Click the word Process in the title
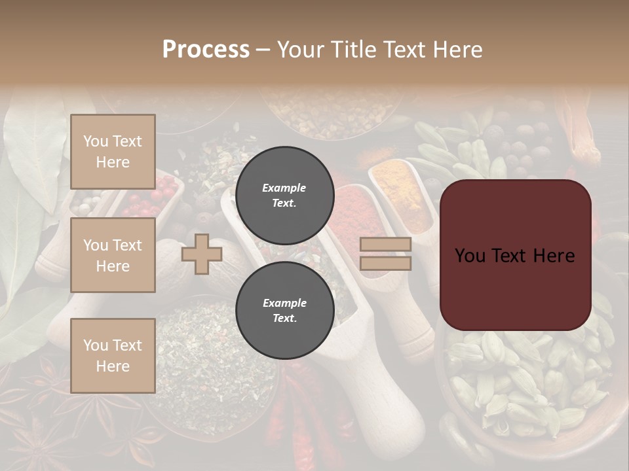[206, 50]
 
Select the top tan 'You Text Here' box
[113, 152]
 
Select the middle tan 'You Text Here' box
[113, 255]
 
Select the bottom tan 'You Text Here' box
[113, 355]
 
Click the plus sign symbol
[201, 254]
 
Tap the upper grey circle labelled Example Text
[284, 195]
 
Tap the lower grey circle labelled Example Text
[284, 310]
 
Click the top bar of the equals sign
[386, 245]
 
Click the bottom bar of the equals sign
[386, 263]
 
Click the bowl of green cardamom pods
[524, 386]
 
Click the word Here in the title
[457, 50]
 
